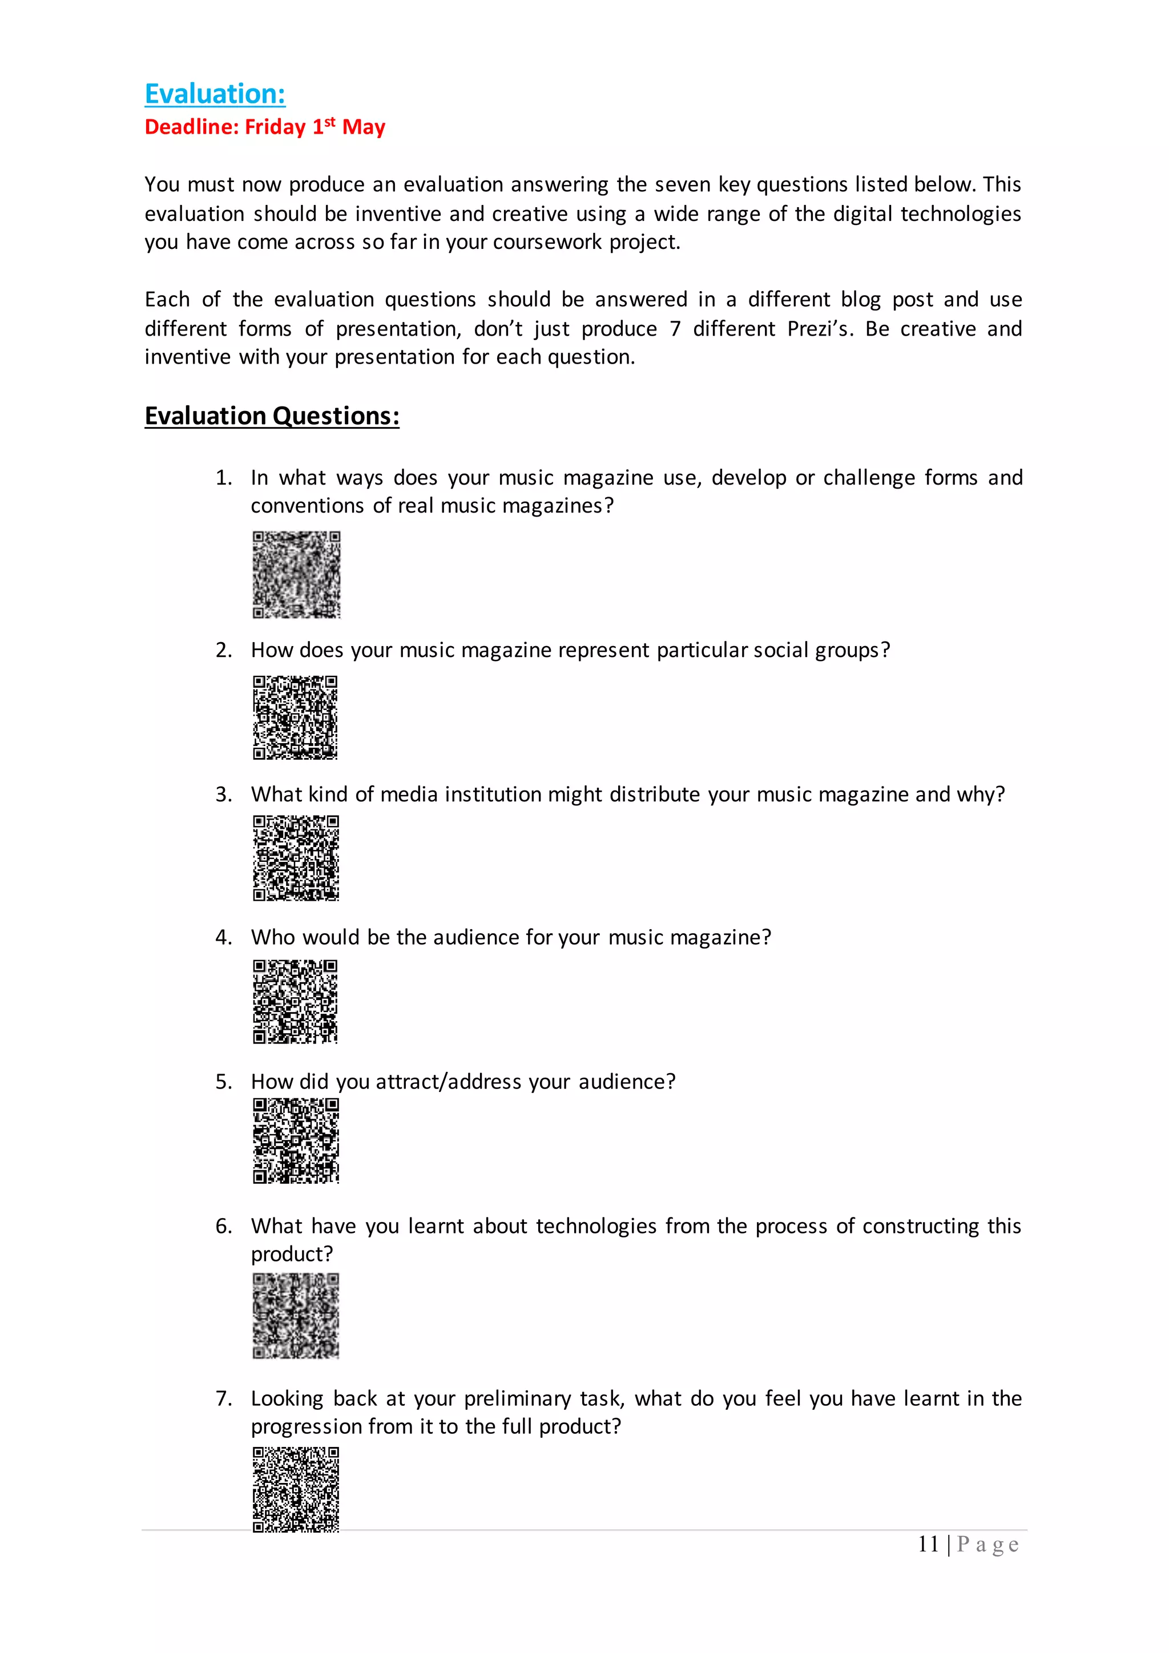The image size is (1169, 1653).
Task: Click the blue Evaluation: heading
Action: point(215,94)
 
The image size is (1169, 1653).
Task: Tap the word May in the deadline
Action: point(364,127)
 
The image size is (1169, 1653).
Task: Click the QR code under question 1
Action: point(296,575)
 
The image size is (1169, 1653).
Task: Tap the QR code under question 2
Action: point(295,717)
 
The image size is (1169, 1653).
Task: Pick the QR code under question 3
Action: point(295,857)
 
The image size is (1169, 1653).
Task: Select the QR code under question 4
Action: point(295,1002)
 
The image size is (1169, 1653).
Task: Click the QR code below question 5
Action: point(295,1141)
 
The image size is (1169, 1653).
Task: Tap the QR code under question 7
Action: point(295,1489)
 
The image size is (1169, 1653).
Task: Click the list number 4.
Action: point(223,937)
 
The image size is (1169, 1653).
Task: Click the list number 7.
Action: point(223,1398)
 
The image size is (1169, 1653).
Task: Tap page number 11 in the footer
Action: point(928,1545)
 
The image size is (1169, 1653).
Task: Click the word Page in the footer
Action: point(987,1545)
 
